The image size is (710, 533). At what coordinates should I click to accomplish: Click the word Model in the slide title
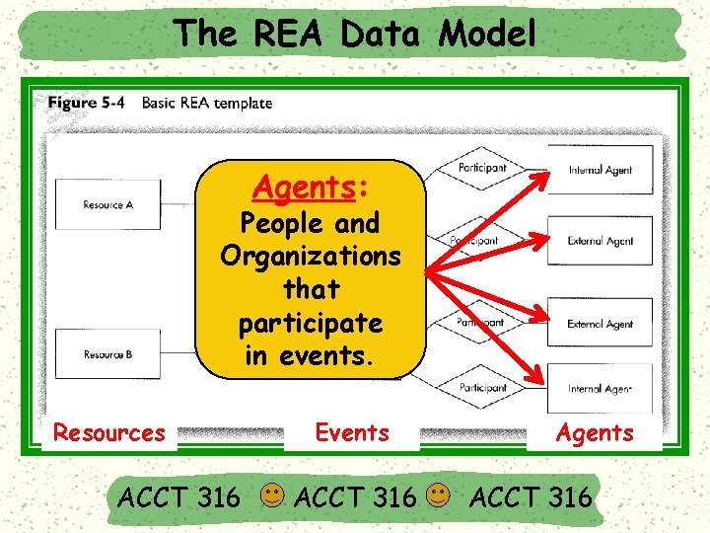click(487, 35)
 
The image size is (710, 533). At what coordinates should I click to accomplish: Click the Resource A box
click(108, 204)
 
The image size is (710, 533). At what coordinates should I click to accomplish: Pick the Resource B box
click(108, 353)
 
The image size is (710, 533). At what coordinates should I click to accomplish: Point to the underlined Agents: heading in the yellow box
click(311, 186)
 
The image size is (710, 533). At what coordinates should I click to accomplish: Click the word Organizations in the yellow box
click(311, 256)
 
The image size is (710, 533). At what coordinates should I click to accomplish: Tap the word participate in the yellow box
click(311, 323)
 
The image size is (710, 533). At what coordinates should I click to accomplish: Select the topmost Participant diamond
click(482, 168)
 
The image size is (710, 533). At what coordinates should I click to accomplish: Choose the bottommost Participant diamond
click(482, 388)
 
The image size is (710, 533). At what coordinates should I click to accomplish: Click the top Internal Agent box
click(600, 170)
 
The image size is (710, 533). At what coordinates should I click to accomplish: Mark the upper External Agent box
click(600, 241)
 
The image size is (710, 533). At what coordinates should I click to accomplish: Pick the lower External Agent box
click(600, 324)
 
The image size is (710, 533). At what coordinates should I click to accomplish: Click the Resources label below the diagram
click(108, 432)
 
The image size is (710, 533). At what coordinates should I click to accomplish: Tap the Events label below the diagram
click(352, 432)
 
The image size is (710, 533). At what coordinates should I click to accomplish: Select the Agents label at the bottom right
click(595, 432)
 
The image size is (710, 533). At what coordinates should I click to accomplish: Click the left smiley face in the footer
click(274, 494)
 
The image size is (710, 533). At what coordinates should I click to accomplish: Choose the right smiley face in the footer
click(441, 494)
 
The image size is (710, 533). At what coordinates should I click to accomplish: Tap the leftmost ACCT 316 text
click(177, 496)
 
